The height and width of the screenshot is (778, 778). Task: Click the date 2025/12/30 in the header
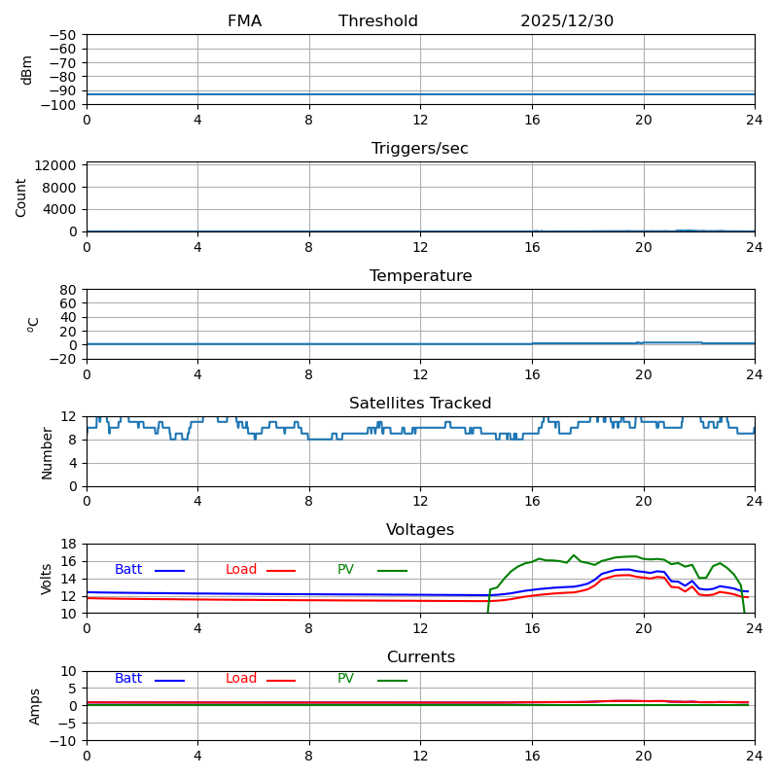(x=566, y=21)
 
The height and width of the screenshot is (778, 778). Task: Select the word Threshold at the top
(x=378, y=21)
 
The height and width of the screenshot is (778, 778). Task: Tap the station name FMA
(x=244, y=21)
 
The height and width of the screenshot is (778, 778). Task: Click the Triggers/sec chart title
(x=420, y=149)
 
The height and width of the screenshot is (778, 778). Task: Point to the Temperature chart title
(x=420, y=276)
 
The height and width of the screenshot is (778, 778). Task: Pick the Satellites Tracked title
(x=420, y=404)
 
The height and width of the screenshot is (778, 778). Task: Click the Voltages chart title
(x=420, y=530)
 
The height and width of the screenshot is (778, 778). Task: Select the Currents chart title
(x=420, y=657)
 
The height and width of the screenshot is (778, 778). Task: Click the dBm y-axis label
(x=27, y=70)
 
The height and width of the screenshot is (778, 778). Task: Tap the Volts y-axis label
(x=47, y=579)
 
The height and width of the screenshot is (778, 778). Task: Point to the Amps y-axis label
(x=35, y=706)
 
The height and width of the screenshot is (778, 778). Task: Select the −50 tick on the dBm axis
(x=62, y=35)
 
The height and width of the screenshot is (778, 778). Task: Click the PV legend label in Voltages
(x=346, y=570)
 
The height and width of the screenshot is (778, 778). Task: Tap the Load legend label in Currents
(x=241, y=679)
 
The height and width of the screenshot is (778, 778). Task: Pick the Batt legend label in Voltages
(x=128, y=570)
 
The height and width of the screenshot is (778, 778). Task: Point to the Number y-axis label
(x=47, y=452)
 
